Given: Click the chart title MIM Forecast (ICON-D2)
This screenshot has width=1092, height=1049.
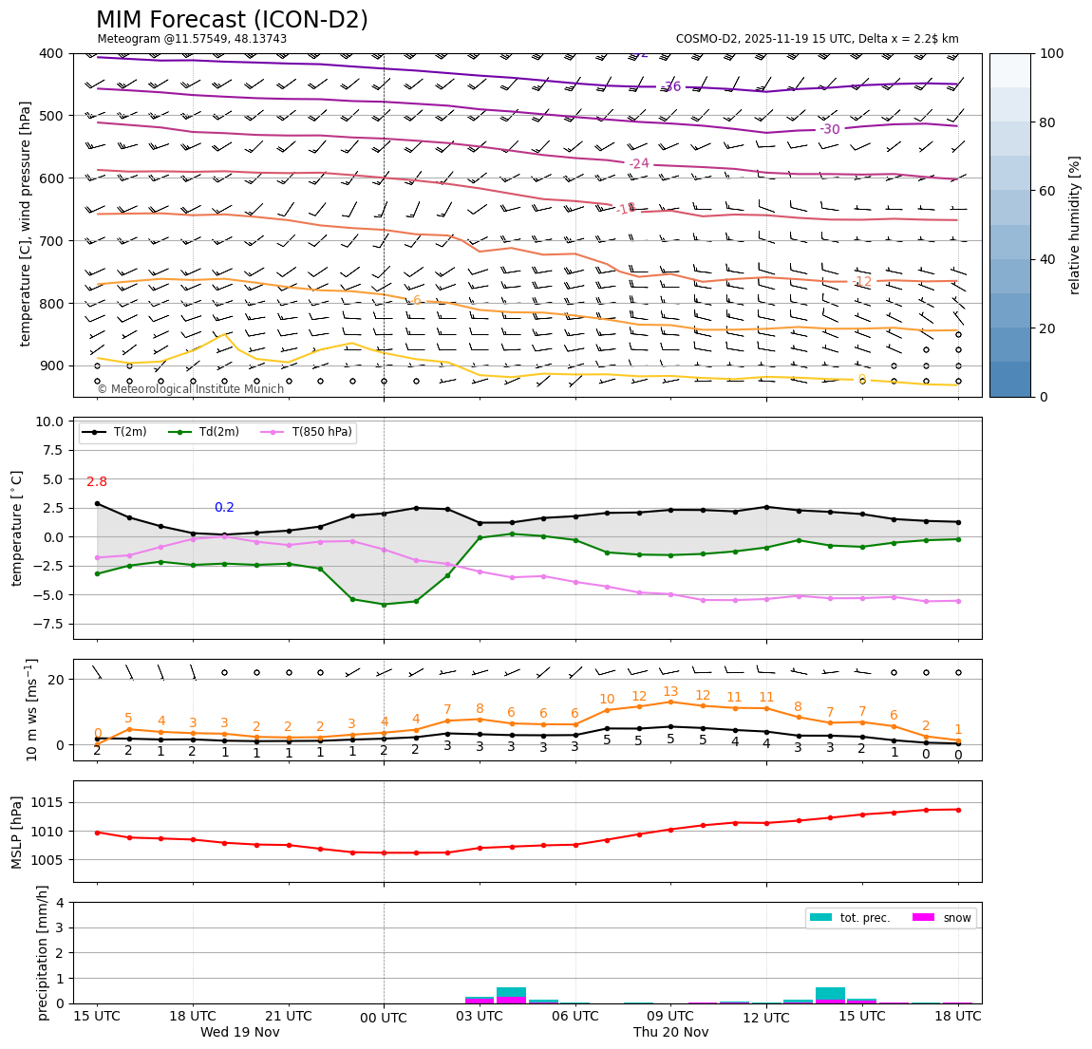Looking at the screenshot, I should coord(232,20).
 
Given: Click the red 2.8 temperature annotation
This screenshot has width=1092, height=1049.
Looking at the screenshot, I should coord(97,482).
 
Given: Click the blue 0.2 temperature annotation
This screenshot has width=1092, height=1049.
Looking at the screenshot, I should coord(224,508).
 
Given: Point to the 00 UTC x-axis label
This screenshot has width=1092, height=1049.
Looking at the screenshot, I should coord(384,1019).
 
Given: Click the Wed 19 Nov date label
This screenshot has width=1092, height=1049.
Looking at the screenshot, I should coord(240,1033).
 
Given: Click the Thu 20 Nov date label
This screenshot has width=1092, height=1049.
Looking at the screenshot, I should coord(671,1033).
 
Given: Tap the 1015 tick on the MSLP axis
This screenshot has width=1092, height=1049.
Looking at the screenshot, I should coord(49,802).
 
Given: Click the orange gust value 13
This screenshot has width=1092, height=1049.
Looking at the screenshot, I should coord(670,692).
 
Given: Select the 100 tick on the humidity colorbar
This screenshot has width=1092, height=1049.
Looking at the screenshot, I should coord(1052,53).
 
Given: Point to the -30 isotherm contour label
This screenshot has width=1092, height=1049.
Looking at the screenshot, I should coord(830,129).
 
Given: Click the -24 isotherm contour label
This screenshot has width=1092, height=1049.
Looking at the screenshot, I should coord(639,163).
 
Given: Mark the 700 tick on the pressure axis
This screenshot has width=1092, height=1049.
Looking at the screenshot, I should coord(50,241).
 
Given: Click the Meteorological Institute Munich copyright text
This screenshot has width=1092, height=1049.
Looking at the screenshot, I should coord(190,389).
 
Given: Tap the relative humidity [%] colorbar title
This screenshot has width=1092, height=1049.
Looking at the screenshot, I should coord(1075,225).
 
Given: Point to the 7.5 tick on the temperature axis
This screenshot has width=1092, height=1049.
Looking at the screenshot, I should coord(50,450).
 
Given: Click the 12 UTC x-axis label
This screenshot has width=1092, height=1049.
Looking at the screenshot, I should coord(766,1019).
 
